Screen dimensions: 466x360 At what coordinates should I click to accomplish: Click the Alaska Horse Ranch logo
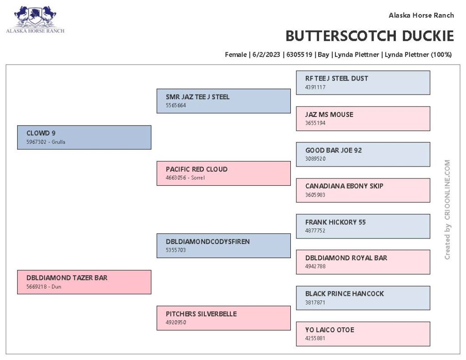(x=35, y=20)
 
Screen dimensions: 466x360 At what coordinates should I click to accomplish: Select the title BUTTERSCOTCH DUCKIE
(x=370, y=36)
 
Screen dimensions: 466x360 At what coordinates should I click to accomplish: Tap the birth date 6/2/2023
(x=266, y=55)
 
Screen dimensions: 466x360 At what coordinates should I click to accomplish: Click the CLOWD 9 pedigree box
(x=84, y=137)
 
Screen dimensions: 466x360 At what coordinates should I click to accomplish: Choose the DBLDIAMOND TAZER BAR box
(x=84, y=282)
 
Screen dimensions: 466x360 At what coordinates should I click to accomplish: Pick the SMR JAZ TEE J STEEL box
(x=223, y=101)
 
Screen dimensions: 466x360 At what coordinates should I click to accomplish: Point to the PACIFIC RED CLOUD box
(x=223, y=173)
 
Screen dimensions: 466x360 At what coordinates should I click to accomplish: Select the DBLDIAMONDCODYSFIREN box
(x=223, y=246)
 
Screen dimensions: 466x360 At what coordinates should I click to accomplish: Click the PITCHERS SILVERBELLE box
(x=223, y=318)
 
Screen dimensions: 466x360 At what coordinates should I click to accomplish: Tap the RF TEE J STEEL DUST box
(x=363, y=83)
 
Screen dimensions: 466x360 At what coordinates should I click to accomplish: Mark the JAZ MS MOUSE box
(x=363, y=119)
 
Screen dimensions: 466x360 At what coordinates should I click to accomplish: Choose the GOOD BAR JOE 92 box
(x=363, y=154)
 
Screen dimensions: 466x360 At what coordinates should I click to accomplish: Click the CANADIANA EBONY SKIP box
(x=363, y=190)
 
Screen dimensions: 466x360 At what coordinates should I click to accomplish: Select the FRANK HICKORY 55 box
(x=363, y=226)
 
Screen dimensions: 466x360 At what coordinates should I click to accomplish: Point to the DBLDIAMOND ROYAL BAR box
(x=363, y=262)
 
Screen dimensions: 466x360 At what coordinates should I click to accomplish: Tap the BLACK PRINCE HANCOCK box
(x=363, y=298)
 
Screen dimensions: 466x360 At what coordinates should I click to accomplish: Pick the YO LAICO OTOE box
(x=363, y=334)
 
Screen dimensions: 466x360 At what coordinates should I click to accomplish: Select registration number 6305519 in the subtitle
(x=299, y=55)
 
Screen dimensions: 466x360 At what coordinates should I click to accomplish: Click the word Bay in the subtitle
(x=324, y=55)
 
